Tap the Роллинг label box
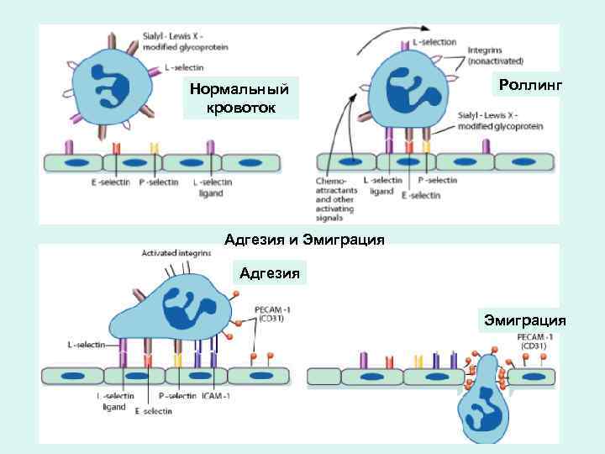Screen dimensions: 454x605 (529, 85)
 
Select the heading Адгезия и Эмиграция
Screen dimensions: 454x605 (304, 240)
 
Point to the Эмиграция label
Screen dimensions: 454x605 (523, 320)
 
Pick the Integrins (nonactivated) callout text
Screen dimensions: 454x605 (496, 55)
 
